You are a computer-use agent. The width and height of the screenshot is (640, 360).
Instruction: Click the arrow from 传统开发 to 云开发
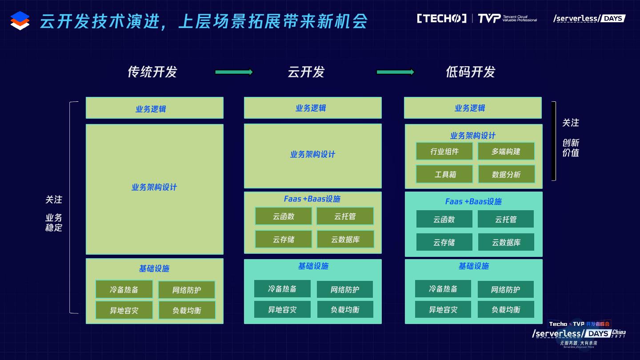tap(234, 72)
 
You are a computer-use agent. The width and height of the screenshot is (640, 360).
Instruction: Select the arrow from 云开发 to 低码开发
tap(395, 72)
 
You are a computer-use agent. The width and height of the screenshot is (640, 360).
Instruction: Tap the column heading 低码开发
tap(470, 72)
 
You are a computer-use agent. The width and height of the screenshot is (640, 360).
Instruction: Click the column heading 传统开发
tap(152, 72)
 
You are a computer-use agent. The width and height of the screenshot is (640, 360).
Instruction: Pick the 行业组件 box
tap(444, 152)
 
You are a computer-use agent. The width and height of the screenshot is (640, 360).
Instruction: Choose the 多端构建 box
tap(506, 152)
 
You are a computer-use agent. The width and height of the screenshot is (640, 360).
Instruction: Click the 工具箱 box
tap(444, 174)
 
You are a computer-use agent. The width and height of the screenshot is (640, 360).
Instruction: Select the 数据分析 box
tap(506, 174)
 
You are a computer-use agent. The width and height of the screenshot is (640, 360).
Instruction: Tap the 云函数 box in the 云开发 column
tap(284, 216)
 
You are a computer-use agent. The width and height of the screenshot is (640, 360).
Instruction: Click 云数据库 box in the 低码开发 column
tap(506, 242)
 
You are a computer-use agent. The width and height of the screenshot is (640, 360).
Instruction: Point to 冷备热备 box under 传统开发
tap(124, 290)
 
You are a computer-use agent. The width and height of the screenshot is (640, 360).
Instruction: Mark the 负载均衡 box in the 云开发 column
tap(345, 310)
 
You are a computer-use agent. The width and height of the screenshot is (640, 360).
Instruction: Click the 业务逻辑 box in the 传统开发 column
tap(154, 108)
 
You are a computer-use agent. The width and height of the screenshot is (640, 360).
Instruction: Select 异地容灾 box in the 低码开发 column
tap(443, 310)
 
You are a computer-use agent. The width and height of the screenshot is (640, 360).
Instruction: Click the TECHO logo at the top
tap(441, 18)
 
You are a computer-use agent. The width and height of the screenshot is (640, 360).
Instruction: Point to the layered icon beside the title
tap(20, 20)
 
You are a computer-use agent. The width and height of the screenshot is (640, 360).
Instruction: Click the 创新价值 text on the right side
tap(571, 148)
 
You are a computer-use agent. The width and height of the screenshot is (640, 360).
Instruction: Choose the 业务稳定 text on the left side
tap(54, 222)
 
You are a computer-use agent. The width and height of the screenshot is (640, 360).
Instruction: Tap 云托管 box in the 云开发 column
tap(345, 216)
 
